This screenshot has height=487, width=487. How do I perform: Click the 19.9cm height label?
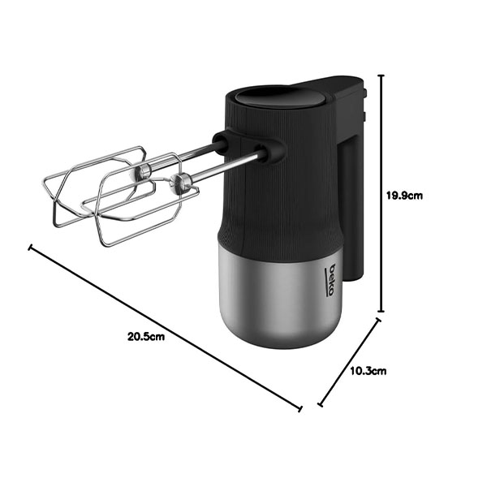click(x=404, y=196)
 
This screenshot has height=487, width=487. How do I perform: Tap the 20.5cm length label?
click(x=146, y=336)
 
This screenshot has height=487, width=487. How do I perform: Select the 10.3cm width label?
click(x=368, y=371)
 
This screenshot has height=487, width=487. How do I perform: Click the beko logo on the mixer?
click(x=330, y=280)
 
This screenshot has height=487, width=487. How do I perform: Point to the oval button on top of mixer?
click(x=280, y=96)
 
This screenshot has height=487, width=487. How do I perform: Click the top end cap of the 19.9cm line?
click(x=381, y=75)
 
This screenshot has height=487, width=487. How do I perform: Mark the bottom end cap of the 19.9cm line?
click(x=381, y=311)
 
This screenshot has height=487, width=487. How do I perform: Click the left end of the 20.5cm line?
click(x=30, y=248)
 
